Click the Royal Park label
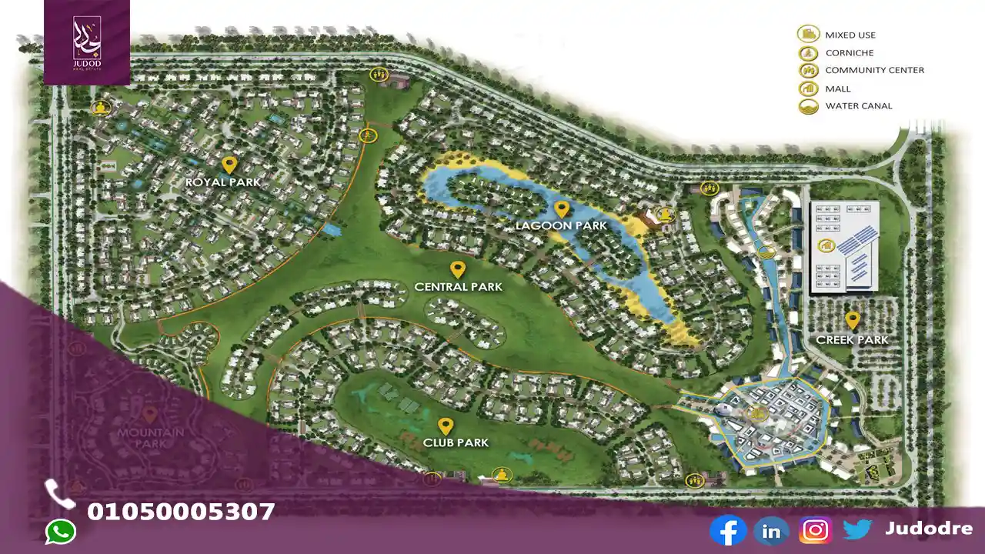(222, 182)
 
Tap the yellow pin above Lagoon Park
(562, 209)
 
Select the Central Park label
(458, 287)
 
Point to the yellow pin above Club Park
(445, 426)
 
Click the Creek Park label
(852, 339)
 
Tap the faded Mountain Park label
(151, 438)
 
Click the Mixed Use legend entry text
(850, 35)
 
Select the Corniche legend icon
(807, 52)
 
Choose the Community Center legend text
(874, 70)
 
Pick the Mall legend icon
(807, 88)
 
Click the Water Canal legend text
(859, 106)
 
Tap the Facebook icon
(727, 530)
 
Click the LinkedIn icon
(771, 530)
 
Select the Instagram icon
(815, 530)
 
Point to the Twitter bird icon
(856, 529)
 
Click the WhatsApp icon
(61, 532)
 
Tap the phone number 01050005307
(181, 512)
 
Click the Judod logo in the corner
(86, 42)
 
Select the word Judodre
(928, 529)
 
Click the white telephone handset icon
(59, 493)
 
